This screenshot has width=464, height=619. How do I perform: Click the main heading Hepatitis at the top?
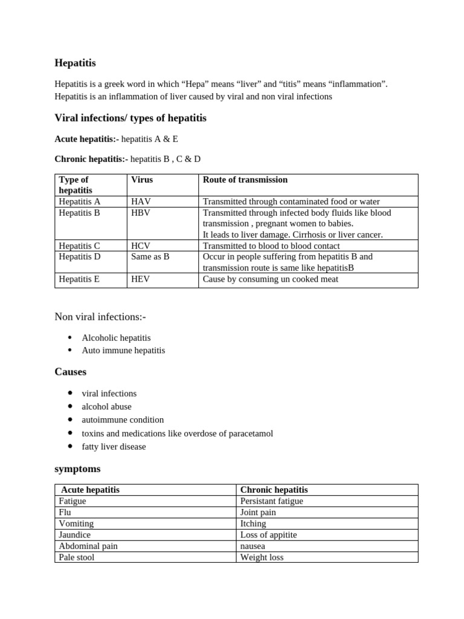75,63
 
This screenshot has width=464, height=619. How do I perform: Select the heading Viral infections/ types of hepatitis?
130,118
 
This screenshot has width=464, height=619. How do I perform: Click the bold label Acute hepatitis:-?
87,139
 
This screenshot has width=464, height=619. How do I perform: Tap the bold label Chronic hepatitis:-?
91,159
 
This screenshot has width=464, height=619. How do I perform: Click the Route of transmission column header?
245,180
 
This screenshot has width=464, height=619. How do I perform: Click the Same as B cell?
150,257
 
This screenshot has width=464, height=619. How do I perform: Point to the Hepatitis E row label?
79,279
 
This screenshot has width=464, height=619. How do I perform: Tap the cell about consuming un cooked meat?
271,279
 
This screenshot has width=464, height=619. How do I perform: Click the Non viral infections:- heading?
100,317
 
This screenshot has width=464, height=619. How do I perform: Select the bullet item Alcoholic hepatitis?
116,338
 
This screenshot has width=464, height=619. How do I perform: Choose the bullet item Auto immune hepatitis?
123,351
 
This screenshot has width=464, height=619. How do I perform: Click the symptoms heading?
77,469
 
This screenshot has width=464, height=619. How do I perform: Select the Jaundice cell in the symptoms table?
76,535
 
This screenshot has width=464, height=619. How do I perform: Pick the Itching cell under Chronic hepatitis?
253,523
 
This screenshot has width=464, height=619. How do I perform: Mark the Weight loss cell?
262,557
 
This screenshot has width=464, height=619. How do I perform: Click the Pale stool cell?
77,557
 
